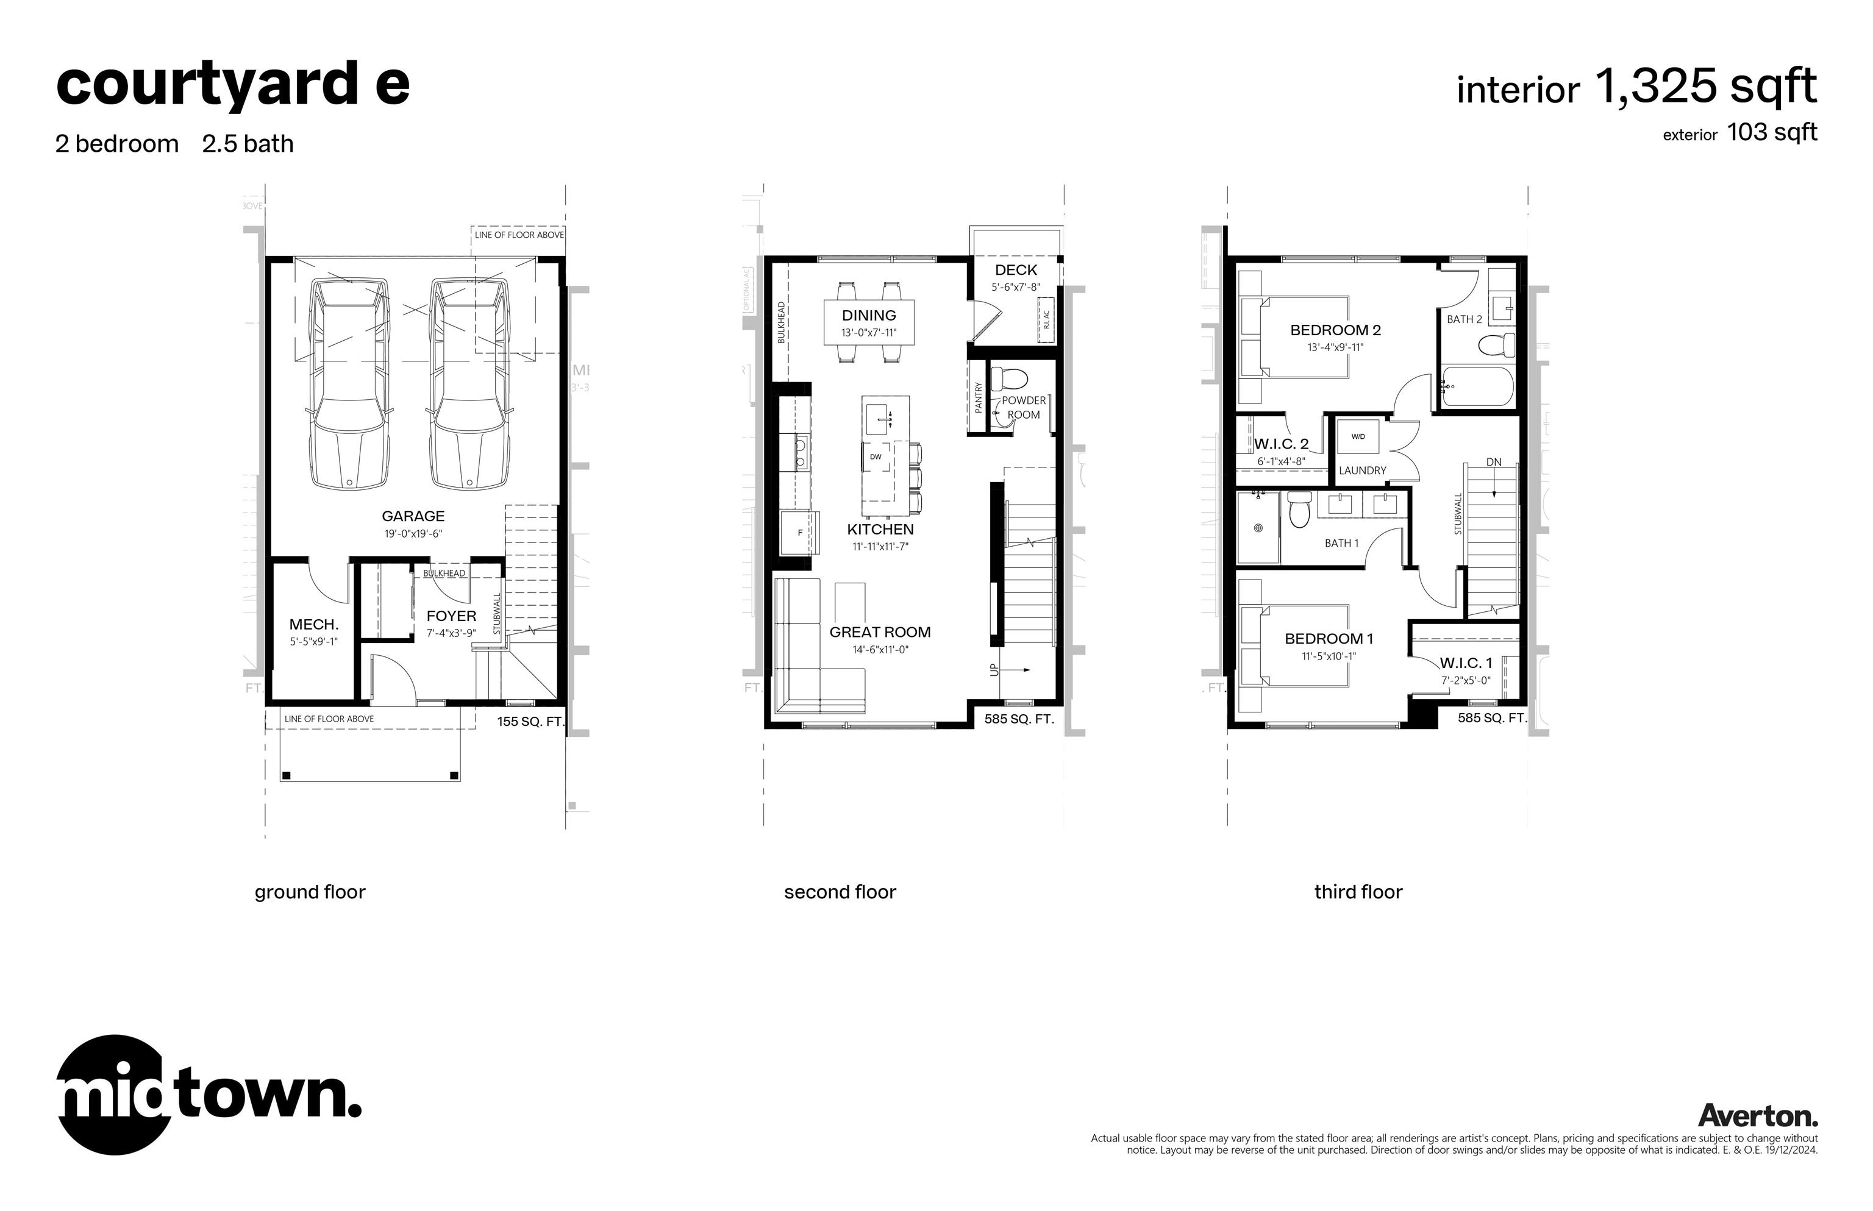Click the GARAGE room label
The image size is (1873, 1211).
tap(413, 516)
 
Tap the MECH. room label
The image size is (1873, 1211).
tap(314, 624)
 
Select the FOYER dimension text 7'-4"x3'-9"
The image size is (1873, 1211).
tap(451, 633)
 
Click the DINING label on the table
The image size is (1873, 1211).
tap(868, 315)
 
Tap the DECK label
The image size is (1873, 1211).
tap(1016, 270)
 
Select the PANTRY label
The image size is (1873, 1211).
tap(979, 398)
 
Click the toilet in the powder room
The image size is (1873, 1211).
tap(1009, 379)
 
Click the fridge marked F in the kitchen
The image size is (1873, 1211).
tap(800, 533)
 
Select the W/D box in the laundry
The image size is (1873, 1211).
tap(1358, 436)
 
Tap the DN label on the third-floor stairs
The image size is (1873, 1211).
tap(1493, 463)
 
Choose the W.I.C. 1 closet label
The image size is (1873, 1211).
tap(1466, 663)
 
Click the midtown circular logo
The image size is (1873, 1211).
tap(115, 1095)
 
